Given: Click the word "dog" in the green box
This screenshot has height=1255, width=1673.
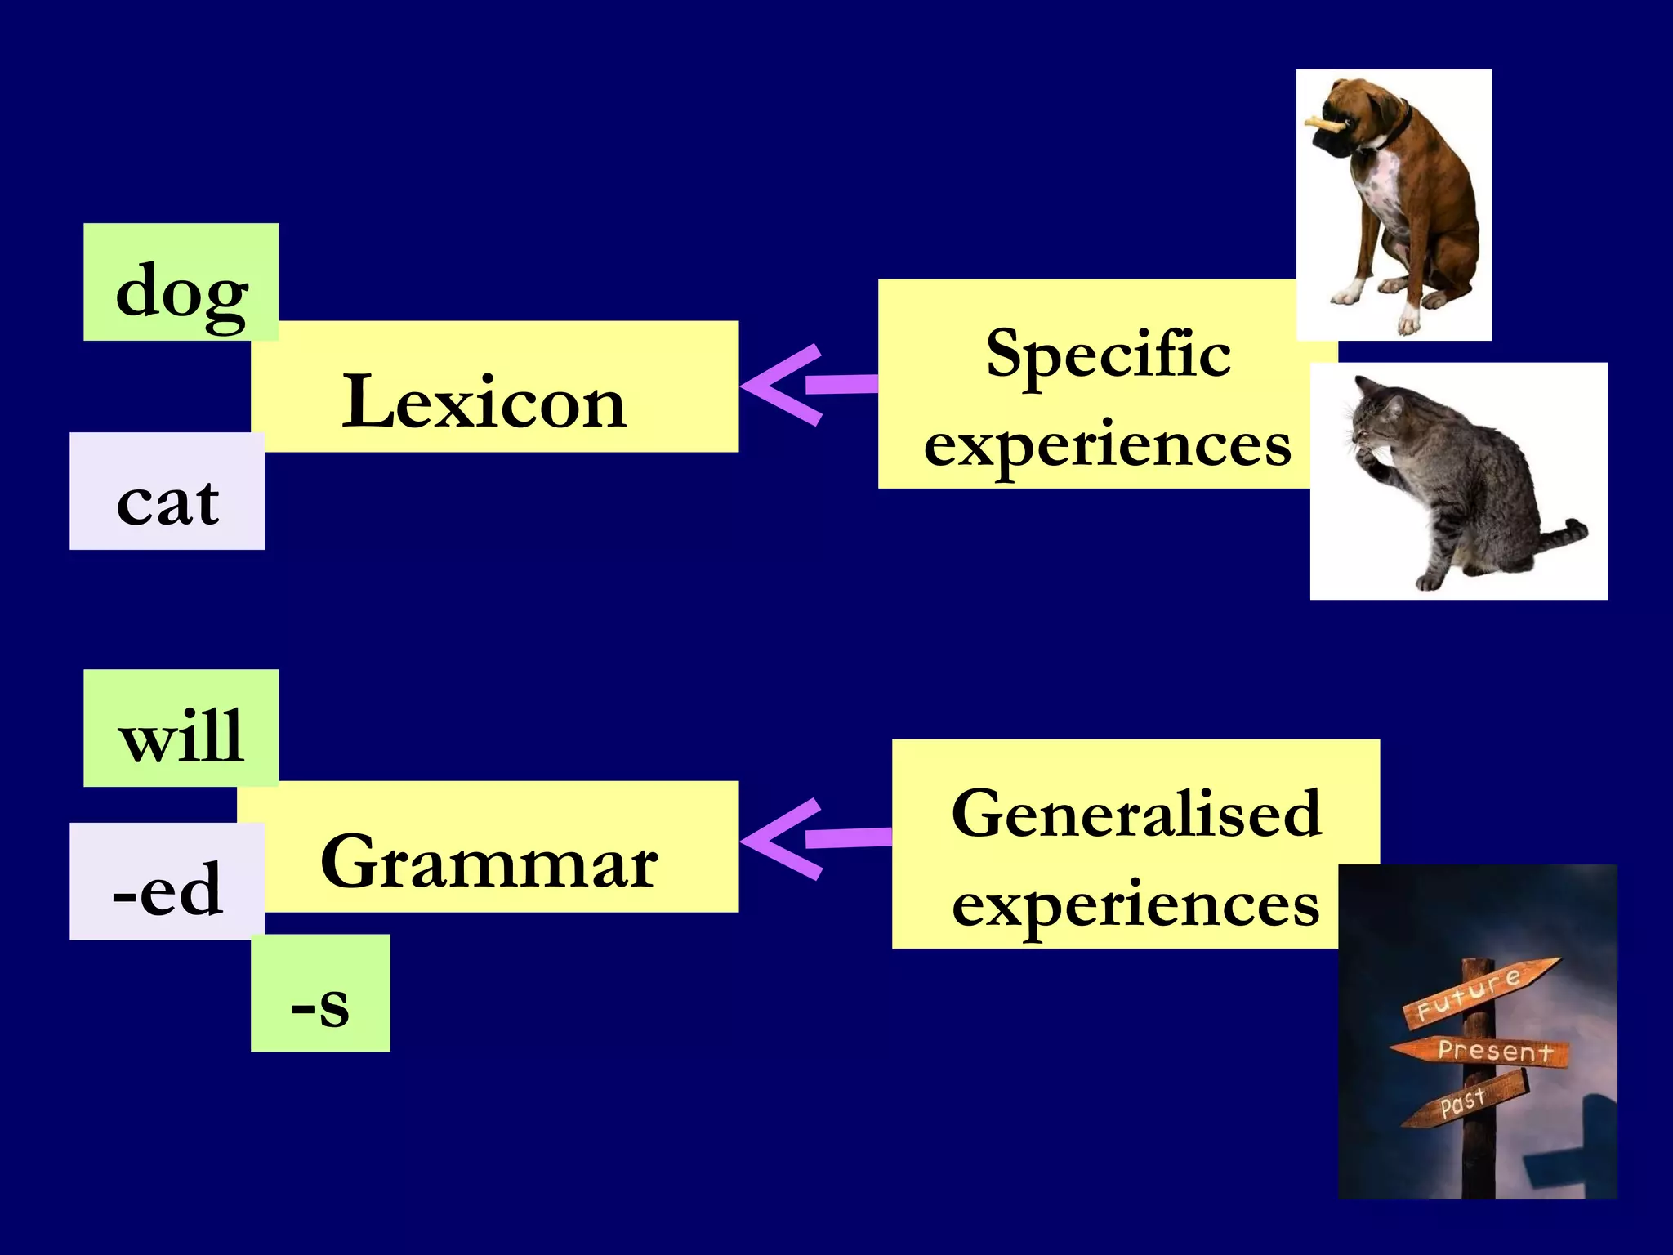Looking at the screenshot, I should point(181,292).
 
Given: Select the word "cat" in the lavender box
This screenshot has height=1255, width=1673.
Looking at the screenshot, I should point(167,501).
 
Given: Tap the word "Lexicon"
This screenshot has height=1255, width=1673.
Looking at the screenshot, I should point(484,401).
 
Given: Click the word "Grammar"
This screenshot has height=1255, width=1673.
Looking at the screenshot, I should point(489,861).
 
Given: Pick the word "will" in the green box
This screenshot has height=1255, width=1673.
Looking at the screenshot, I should point(181,736).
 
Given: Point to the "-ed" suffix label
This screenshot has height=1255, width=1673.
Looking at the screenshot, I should point(167,889).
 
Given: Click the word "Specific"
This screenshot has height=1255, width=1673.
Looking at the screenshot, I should point(1108,354).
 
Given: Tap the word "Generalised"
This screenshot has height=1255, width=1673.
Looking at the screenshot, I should point(1135,814).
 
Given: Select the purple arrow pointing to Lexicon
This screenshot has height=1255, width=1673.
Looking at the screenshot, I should point(805,384).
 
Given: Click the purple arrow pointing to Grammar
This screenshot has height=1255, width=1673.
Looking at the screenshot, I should point(809,839).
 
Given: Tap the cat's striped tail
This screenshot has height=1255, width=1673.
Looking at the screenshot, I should point(1560,534).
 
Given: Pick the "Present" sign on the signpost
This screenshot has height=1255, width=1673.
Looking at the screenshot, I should point(1487,1051).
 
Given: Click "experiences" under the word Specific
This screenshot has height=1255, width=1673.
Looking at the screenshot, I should point(1108,445).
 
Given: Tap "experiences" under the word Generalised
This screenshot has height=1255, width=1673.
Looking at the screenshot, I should point(1135,905).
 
